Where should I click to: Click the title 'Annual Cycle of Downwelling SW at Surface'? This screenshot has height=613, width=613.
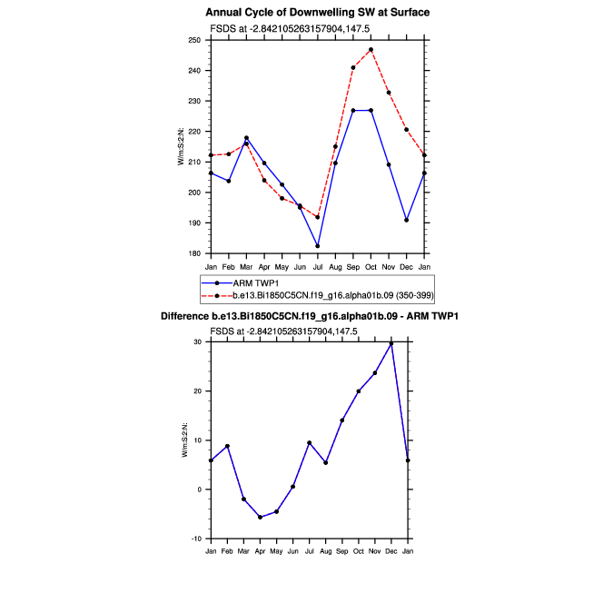click(x=317, y=13)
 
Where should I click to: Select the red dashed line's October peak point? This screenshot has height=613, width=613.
click(x=371, y=49)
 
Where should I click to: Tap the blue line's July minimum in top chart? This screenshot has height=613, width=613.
click(x=318, y=246)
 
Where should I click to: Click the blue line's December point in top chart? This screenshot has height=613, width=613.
click(x=406, y=220)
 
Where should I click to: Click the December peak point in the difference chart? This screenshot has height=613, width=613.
click(x=391, y=343)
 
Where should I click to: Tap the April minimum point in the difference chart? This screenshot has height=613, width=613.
click(x=260, y=517)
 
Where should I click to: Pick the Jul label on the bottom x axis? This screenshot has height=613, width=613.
click(x=309, y=551)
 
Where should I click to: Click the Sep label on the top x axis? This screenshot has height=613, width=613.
click(x=353, y=266)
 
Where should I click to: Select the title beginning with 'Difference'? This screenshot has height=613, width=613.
click(x=310, y=316)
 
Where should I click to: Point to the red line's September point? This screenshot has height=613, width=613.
click(x=353, y=67)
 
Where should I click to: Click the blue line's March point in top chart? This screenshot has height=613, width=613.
click(x=246, y=138)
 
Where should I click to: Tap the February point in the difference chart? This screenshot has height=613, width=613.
click(x=227, y=446)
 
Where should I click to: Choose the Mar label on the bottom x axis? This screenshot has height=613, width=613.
click(x=243, y=551)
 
